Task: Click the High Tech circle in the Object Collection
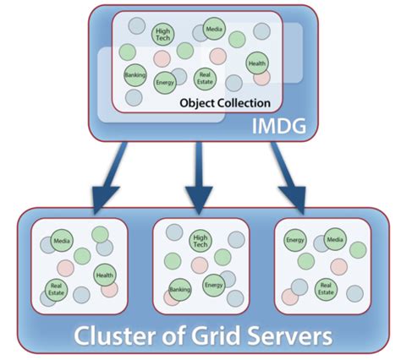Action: [163, 35]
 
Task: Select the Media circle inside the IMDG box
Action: [214, 31]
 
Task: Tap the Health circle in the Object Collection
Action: [258, 63]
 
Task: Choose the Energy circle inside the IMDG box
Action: [165, 83]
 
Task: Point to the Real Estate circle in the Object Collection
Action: [204, 79]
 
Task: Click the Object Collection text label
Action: [225, 103]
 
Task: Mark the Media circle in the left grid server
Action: [61, 240]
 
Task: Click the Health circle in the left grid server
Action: [103, 274]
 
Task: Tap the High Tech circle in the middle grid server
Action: [200, 241]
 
